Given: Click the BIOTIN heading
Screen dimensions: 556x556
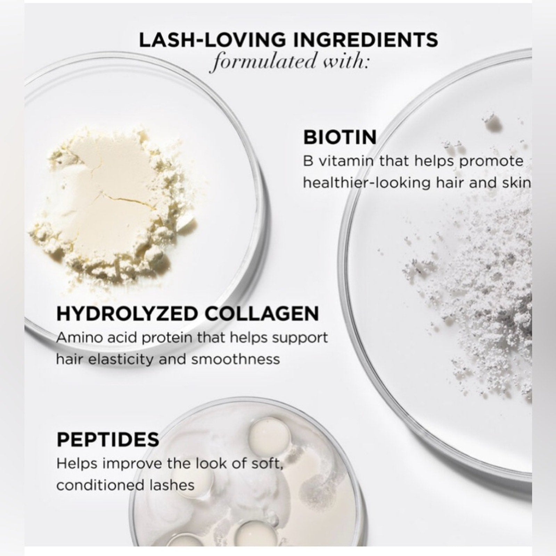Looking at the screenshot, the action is tap(340, 138).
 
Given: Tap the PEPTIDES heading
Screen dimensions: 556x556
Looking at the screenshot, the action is tap(108, 440).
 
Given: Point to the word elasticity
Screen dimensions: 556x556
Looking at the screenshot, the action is tap(115, 359).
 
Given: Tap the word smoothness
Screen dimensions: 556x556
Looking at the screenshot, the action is tap(236, 359).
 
